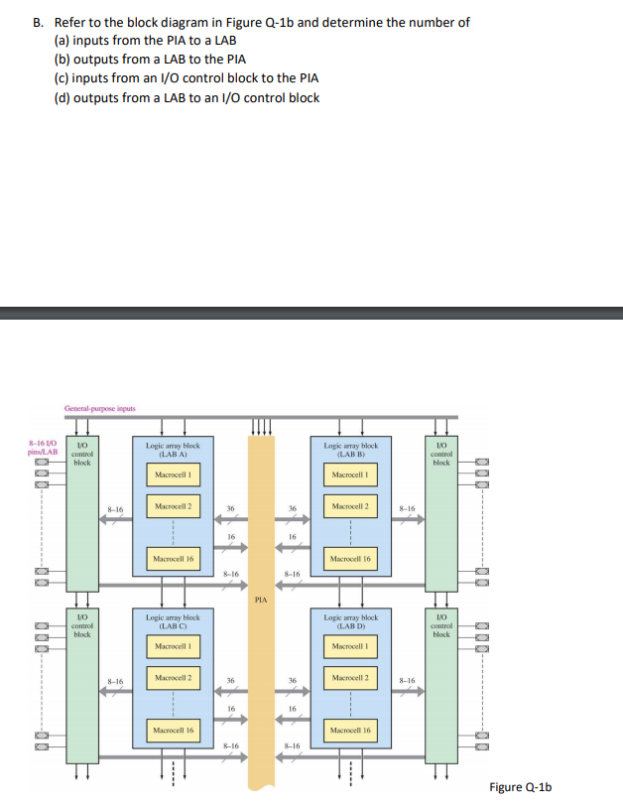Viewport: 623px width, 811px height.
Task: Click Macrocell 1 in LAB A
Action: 173,475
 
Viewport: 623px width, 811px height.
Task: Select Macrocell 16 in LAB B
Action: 351,559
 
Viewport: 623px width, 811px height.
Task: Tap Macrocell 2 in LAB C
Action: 173,678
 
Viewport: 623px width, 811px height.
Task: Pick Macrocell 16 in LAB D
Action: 351,731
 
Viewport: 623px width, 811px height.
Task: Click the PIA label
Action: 261,600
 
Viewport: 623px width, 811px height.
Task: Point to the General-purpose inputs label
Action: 99,409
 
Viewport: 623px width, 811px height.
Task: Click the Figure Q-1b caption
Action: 520,787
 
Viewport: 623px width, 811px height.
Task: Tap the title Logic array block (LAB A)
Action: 173,450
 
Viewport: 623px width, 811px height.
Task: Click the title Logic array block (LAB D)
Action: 351,621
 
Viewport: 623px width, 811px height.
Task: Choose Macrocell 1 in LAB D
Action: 351,647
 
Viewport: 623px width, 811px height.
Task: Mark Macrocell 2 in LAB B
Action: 351,507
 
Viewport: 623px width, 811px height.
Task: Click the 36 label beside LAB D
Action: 292,680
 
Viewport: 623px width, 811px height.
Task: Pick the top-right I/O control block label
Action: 441,455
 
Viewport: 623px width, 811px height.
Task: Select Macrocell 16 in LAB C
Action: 173,731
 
